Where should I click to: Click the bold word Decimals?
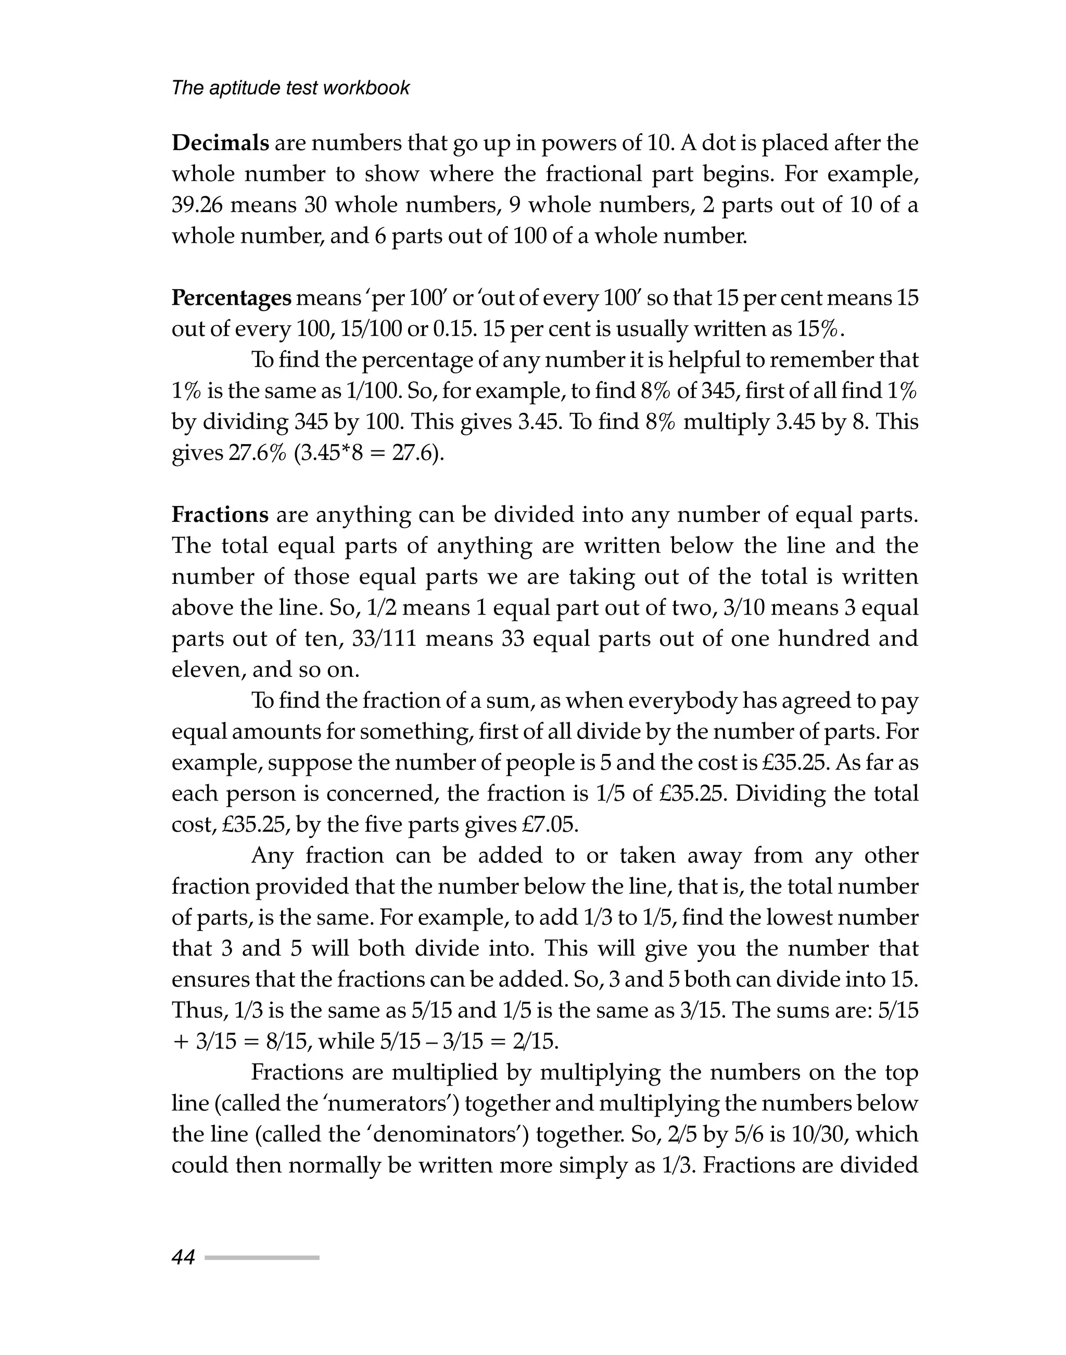(220, 143)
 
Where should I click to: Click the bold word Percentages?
(231, 298)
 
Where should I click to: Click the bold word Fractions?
(220, 515)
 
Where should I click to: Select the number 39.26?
(197, 205)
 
